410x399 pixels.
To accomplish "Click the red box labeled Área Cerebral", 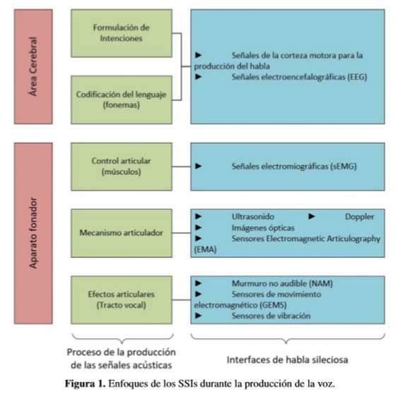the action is tap(33, 66).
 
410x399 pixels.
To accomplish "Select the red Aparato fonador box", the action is tap(33, 233).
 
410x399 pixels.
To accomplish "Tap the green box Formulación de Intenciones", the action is tap(122, 33).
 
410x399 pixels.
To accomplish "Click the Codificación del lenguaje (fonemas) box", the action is tap(122, 100).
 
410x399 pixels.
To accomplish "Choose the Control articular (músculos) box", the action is tap(122, 167).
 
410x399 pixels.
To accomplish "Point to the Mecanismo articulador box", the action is tap(122, 233).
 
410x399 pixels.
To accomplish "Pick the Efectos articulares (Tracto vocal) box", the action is tap(122, 300).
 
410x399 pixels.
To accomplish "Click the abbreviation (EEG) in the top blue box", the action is tap(357, 77).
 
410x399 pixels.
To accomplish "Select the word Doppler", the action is tap(360, 217).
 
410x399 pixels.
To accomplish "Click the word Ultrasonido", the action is tap(253, 217).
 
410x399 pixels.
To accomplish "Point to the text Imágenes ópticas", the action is tap(263, 228).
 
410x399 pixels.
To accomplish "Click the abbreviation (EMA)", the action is tap(205, 249).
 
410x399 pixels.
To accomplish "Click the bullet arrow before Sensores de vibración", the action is tap(198, 316).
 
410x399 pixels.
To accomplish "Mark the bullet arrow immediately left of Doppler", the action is tap(312, 217).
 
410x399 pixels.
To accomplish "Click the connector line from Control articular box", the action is tap(182, 167).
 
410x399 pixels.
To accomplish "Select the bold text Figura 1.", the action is tap(85, 383).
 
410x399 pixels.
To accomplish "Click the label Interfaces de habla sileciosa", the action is tap(288, 359).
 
